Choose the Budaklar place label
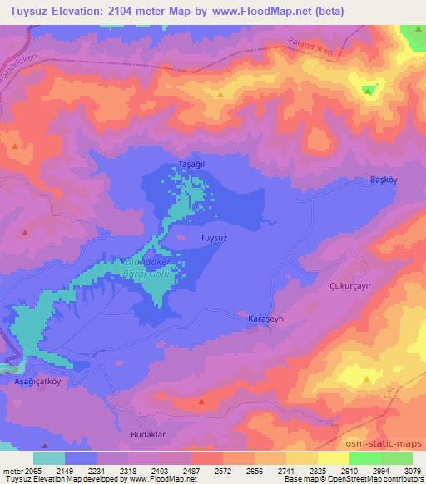click(x=151, y=434)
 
